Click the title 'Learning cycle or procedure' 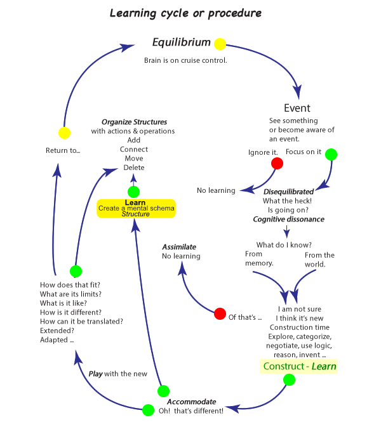point(185,13)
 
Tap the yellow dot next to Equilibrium point(220,44)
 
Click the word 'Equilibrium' point(181,43)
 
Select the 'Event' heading point(297,107)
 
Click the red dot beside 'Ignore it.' point(277,164)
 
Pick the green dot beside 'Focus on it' point(331,154)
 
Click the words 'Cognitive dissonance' point(289,220)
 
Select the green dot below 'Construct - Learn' point(289,380)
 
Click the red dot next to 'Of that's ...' point(220,313)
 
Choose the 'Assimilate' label point(178,246)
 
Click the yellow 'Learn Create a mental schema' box point(136,208)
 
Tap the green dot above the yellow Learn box point(133,192)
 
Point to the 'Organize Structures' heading point(134,122)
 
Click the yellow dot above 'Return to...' point(64,133)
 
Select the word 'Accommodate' point(191,402)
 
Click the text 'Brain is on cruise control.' point(185,60)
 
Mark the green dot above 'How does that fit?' point(76,271)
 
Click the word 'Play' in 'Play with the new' point(95,374)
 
